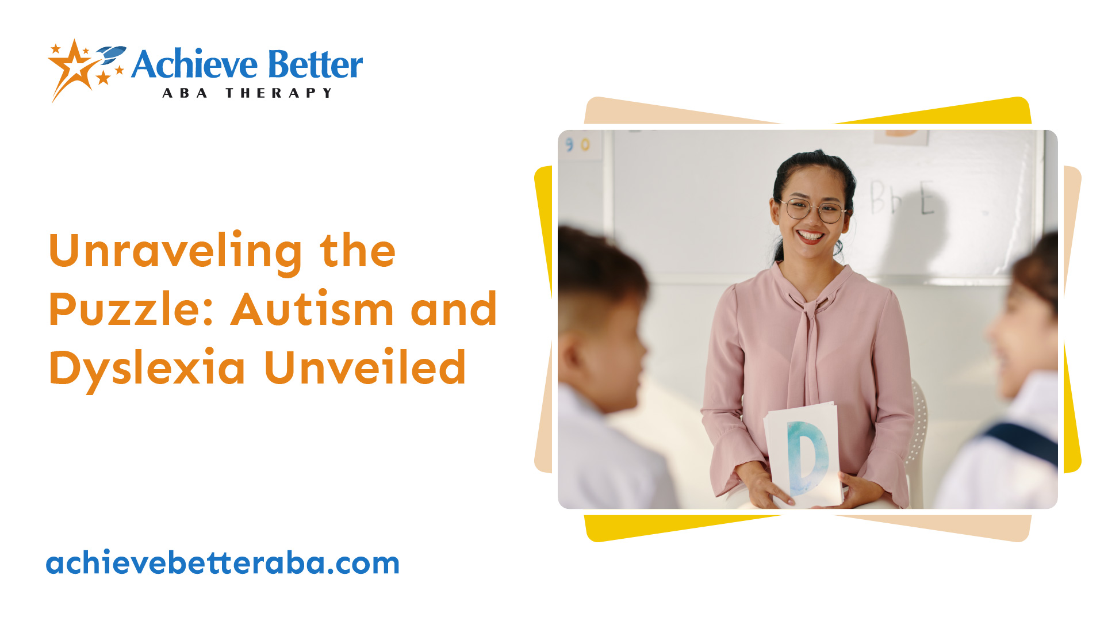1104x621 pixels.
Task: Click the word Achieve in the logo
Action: point(194,64)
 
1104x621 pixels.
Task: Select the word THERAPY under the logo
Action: point(279,93)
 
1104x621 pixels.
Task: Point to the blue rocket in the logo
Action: point(112,54)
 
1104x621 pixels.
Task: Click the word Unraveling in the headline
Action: point(175,252)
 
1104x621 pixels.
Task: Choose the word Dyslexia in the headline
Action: point(147,369)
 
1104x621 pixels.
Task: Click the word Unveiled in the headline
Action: point(365,369)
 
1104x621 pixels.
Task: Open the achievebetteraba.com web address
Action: point(223,563)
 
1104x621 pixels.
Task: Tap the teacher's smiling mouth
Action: point(810,235)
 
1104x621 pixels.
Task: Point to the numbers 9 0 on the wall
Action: point(577,144)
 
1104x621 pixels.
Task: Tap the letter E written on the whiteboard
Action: point(926,198)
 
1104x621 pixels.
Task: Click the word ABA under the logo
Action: point(185,93)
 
